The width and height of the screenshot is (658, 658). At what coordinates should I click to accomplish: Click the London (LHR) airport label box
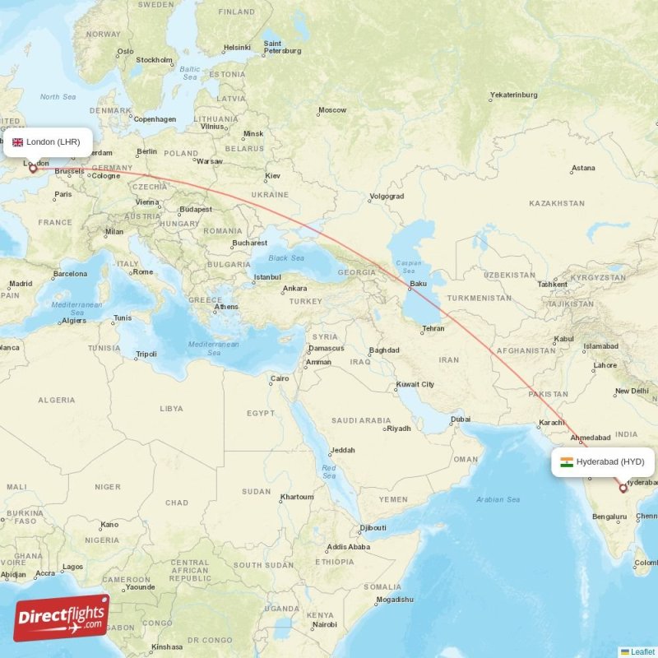pos(48,142)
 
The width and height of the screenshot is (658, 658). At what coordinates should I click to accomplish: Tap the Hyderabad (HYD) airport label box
pos(603,462)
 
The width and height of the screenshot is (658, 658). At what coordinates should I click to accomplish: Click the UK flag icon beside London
pos(17,142)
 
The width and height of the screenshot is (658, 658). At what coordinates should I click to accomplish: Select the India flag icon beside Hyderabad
pos(567,462)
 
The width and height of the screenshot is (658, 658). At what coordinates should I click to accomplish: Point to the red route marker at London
pos(34,169)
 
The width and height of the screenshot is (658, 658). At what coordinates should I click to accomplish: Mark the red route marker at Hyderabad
pos(623,489)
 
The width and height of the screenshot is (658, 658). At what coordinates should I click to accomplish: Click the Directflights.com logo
pos(61,618)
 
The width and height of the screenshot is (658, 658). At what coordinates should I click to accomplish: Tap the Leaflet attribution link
pos(642,651)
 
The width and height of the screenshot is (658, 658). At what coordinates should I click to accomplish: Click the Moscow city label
pos(332,110)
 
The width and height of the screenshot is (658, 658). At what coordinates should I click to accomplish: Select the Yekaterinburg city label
pos(513,95)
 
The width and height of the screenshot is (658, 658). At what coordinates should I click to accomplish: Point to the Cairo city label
pos(280,379)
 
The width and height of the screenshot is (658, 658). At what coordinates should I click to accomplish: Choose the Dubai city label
pos(461,420)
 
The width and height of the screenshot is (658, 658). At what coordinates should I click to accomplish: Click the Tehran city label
pos(433,328)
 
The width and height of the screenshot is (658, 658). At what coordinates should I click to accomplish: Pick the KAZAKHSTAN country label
pos(557,203)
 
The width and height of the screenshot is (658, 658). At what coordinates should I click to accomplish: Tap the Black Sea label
pos(286,258)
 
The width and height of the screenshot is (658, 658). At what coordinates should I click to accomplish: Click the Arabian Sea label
pos(497,499)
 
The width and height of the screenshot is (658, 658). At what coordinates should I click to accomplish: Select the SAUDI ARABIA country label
pos(361,420)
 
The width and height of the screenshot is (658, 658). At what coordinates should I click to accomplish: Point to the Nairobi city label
pos(324,625)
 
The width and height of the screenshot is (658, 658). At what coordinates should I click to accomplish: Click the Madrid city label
pos(21,285)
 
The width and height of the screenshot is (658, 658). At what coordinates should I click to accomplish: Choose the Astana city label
pos(583,169)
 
